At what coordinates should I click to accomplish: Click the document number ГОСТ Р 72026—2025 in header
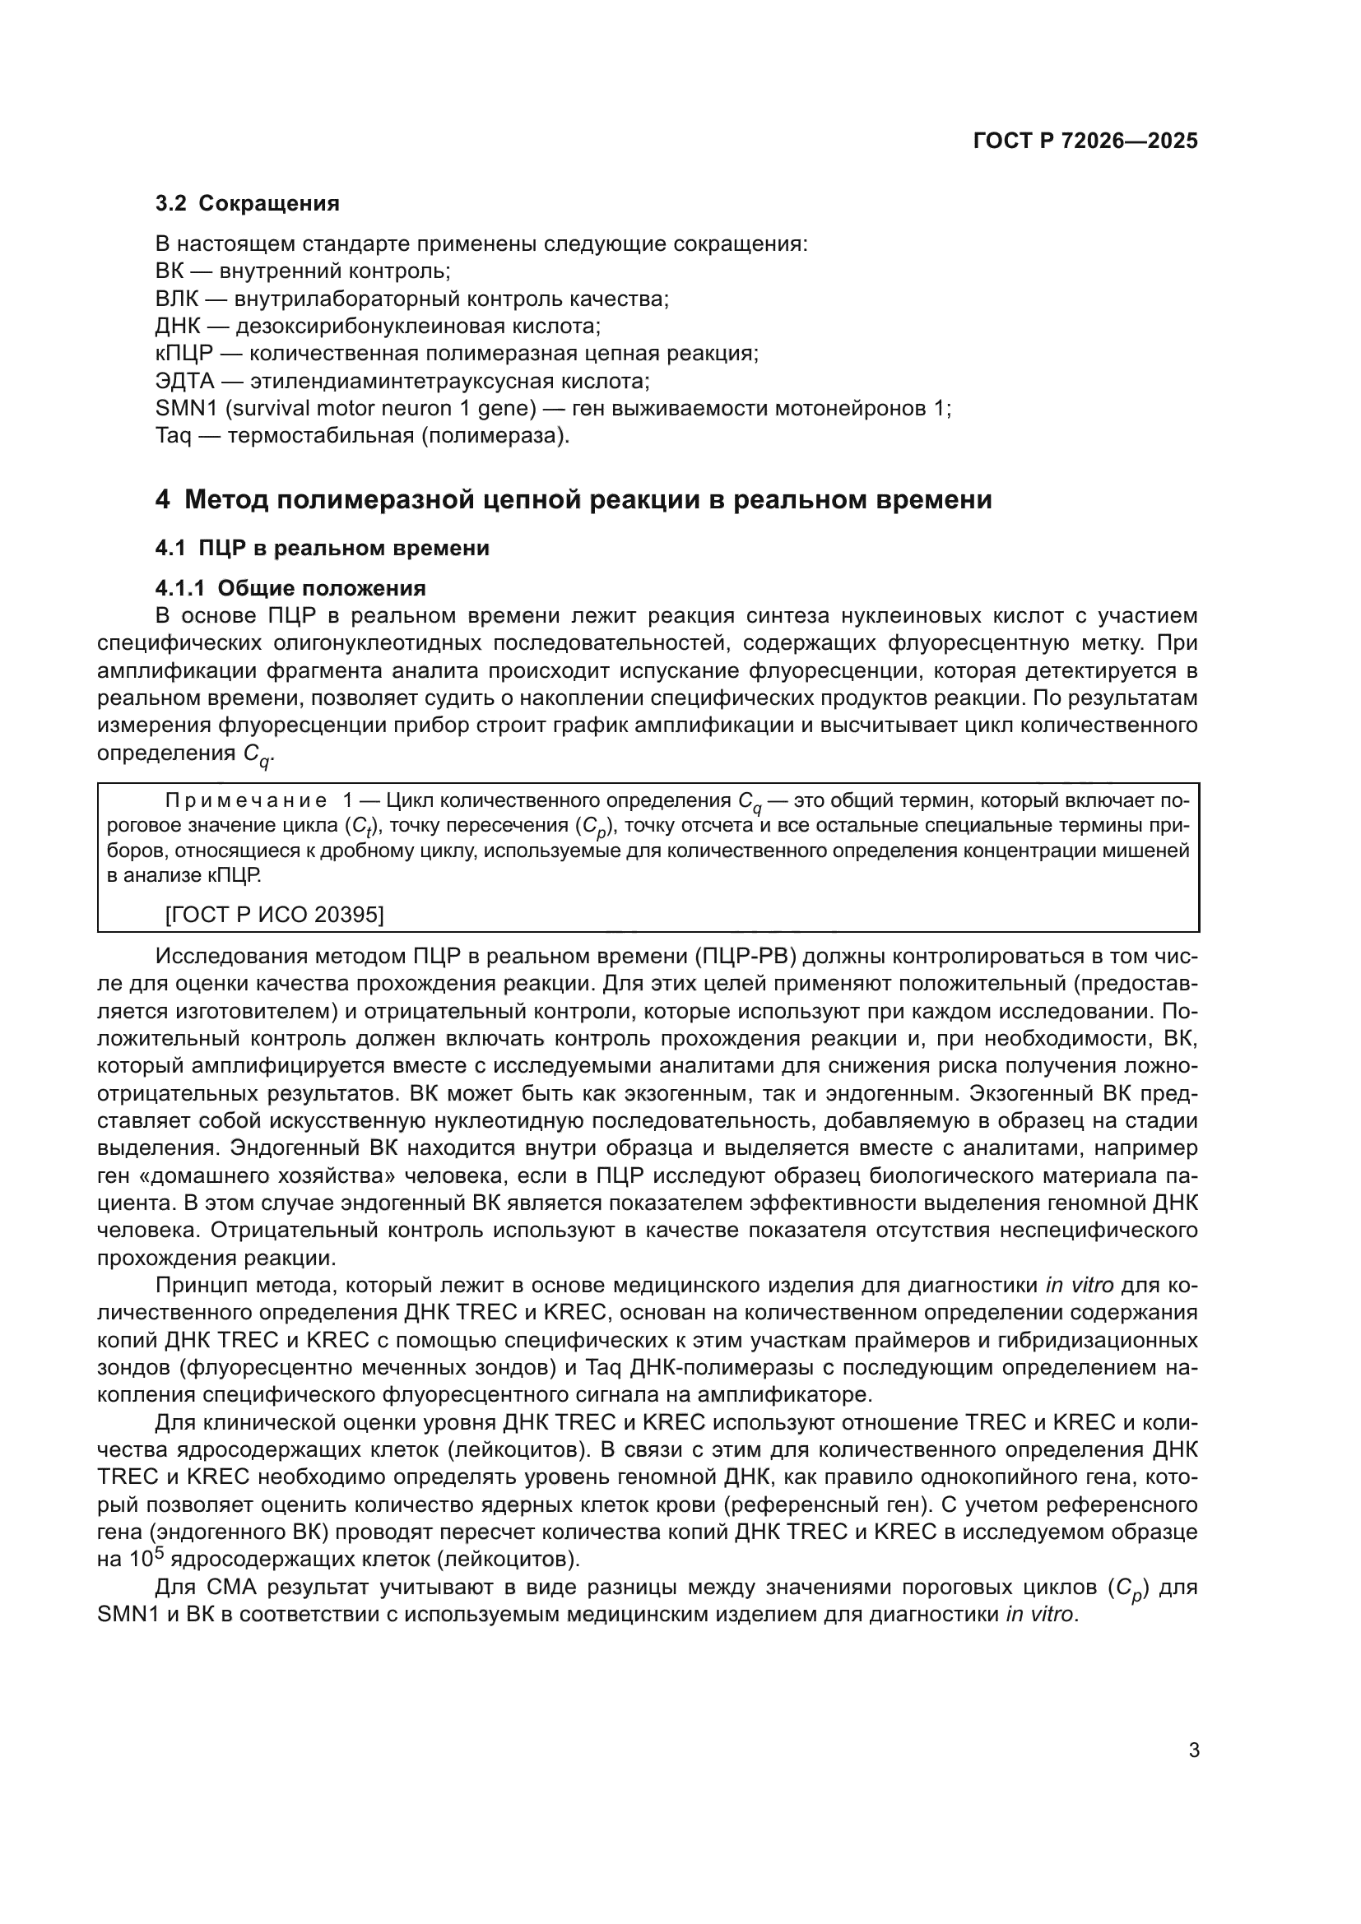click(1085, 141)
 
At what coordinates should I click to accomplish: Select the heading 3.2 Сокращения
click(247, 204)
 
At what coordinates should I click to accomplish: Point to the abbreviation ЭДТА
click(184, 382)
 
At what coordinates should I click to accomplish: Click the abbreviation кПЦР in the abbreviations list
click(184, 354)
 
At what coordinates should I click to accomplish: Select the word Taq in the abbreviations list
click(173, 437)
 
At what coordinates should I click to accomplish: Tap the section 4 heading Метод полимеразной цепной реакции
click(574, 499)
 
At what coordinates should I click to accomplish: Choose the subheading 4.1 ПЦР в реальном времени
click(322, 548)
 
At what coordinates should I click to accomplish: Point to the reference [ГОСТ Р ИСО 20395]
click(274, 914)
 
